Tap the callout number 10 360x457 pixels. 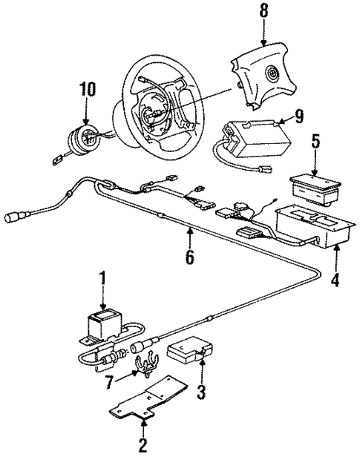click(x=88, y=90)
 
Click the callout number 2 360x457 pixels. click(x=142, y=446)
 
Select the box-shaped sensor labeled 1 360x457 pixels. click(x=102, y=325)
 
